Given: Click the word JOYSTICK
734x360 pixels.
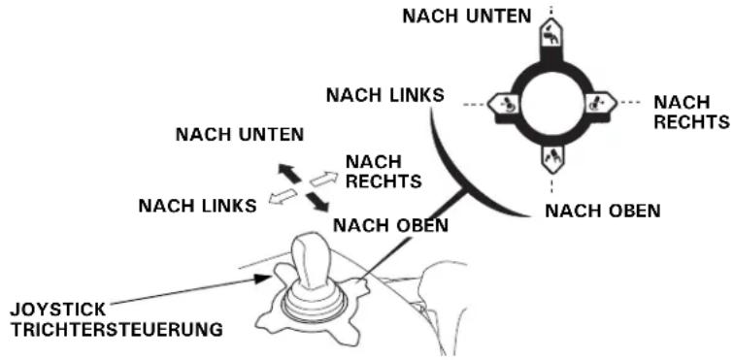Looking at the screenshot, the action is pos(58,310).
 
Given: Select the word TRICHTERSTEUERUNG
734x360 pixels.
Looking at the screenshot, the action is pos(117,330).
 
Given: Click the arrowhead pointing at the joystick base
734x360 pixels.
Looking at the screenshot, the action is pos(263,278).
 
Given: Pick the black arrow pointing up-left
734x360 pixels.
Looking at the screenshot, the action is pos(288,174).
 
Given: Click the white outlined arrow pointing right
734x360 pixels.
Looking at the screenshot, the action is pos(323,179).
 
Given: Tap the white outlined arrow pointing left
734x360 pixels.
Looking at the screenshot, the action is pos(283,196).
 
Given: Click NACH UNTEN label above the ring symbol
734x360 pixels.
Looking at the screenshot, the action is pos(467,16).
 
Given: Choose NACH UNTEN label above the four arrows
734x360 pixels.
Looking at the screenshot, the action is pos(240,135).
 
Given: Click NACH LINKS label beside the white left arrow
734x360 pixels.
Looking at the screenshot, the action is pos(197,206).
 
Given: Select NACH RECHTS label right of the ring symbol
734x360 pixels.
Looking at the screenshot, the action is pos(691,112).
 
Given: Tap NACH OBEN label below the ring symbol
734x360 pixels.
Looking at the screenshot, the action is pos(603,212).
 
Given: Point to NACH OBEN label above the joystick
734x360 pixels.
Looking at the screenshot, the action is pos(390,226).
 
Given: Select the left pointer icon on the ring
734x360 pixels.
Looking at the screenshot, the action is pos(503,104).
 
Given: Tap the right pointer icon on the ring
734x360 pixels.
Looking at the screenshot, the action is pos(601,103).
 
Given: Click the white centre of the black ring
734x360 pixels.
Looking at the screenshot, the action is pos(551,104).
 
